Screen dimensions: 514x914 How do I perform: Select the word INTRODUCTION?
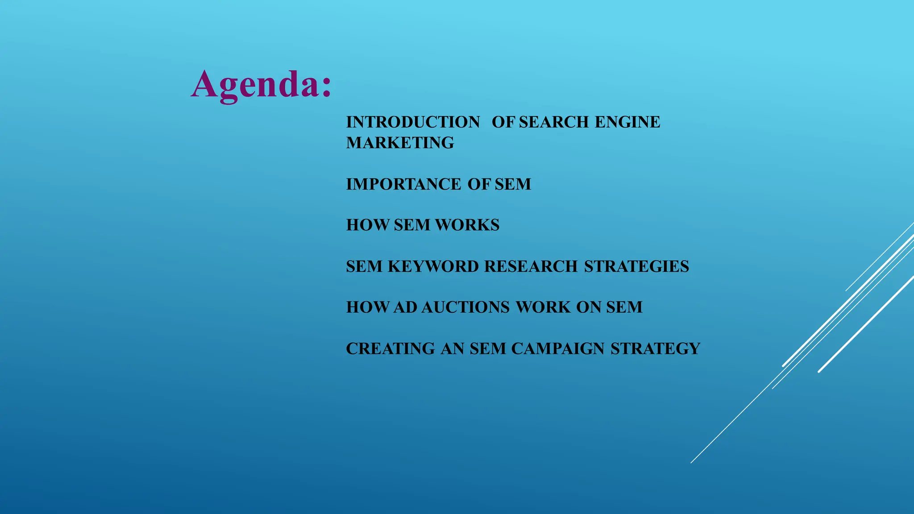(x=413, y=122)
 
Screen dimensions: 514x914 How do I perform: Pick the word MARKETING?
(x=400, y=143)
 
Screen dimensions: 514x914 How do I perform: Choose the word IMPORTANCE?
(x=403, y=184)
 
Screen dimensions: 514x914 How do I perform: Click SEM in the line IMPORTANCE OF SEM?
(x=513, y=184)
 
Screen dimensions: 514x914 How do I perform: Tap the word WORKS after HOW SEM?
(x=467, y=225)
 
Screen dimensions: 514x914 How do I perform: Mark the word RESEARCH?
(x=531, y=266)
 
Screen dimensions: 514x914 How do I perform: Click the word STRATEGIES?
(x=636, y=266)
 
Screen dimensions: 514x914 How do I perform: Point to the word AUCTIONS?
(x=465, y=307)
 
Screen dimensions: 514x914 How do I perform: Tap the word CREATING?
(x=391, y=348)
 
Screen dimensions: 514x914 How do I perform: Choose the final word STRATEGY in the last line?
(x=655, y=348)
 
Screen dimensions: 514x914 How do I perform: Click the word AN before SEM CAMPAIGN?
(x=453, y=348)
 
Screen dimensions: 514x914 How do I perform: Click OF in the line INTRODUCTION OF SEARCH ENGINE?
(x=503, y=122)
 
